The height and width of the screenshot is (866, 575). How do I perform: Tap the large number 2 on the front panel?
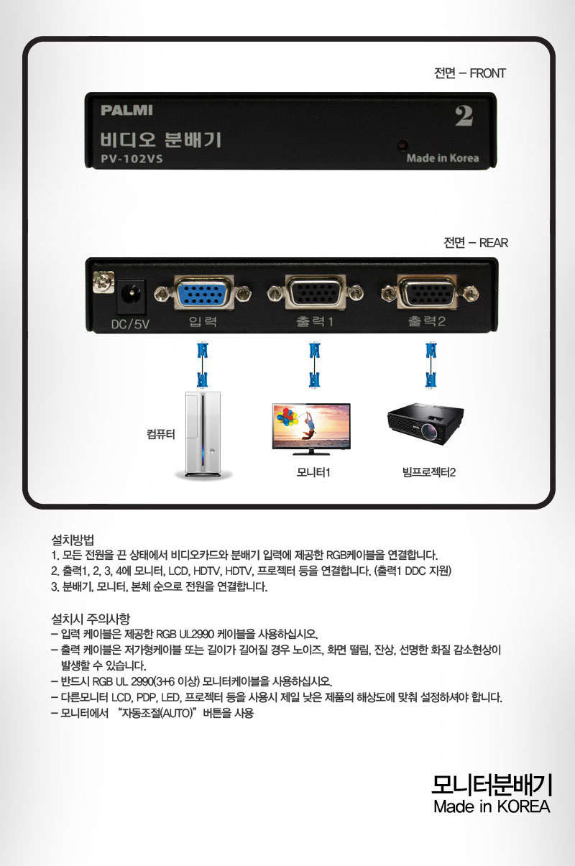(464, 116)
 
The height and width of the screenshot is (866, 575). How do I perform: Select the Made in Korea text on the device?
(442, 158)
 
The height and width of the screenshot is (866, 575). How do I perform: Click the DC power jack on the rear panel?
(132, 293)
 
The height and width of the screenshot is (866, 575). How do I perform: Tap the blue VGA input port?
(203, 292)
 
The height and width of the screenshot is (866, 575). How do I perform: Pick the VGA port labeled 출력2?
(428, 292)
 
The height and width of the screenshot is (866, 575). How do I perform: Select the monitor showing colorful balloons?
(311, 429)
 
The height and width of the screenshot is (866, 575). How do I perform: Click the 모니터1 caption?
(313, 473)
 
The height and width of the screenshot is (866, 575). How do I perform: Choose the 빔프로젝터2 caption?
(429, 473)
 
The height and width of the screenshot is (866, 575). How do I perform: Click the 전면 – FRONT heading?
(470, 73)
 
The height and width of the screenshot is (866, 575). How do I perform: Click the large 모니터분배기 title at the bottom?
(492, 785)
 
